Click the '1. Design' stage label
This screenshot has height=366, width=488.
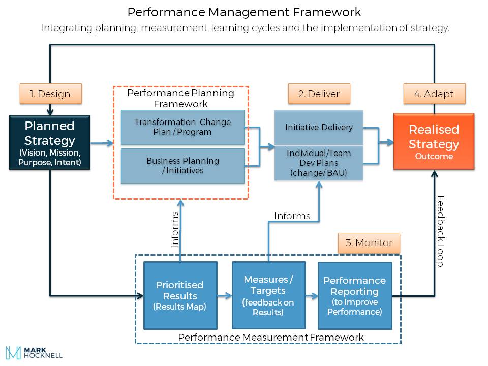[51, 94]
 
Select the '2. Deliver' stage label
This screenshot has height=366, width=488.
[319, 94]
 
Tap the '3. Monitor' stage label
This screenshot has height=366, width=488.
[369, 243]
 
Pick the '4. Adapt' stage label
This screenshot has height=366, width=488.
[435, 94]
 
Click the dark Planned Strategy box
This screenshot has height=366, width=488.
[50, 142]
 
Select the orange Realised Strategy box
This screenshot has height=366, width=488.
[434, 142]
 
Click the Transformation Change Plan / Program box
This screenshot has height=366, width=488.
[182, 127]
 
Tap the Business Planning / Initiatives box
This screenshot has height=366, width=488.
[182, 166]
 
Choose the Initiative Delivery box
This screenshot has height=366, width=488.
[319, 128]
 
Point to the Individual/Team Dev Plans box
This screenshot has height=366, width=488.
[319, 163]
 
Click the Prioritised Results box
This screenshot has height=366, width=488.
[180, 295]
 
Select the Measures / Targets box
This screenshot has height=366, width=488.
[268, 295]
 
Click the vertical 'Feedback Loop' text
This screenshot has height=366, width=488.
[440, 231]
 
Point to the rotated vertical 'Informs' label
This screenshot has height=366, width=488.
[175, 230]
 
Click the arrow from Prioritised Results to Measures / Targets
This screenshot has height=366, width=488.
[224, 296]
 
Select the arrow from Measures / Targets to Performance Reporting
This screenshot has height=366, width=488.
[312, 296]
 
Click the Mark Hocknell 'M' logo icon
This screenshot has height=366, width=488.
[13, 353]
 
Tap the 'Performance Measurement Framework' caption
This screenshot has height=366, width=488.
[271, 337]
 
